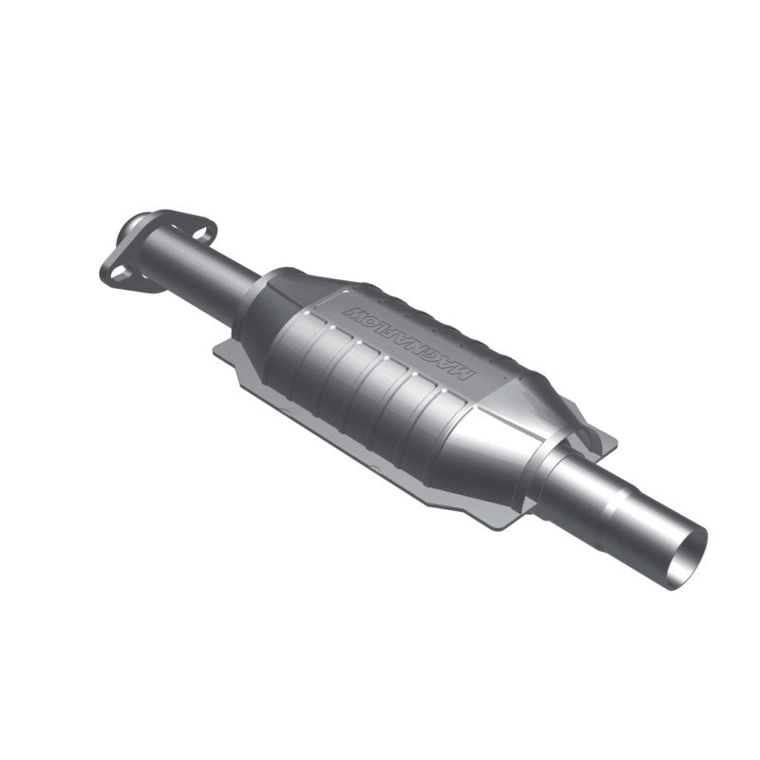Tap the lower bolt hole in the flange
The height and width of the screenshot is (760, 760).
click(116, 274)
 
